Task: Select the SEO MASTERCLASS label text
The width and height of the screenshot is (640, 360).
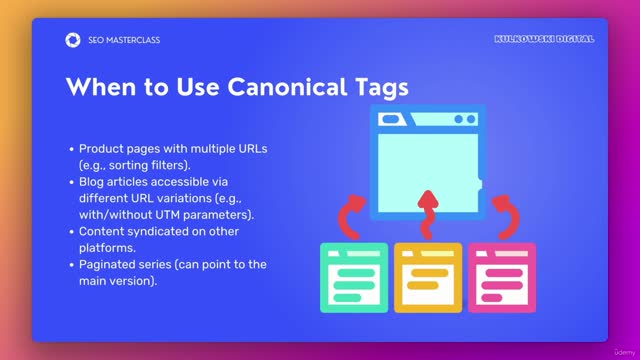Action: [x=124, y=40]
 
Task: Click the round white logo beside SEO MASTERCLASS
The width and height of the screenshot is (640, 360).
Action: [x=72, y=40]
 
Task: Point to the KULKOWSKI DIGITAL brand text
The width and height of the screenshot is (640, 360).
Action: [x=544, y=39]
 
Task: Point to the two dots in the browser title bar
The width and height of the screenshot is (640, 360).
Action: [x=465, y=120]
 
